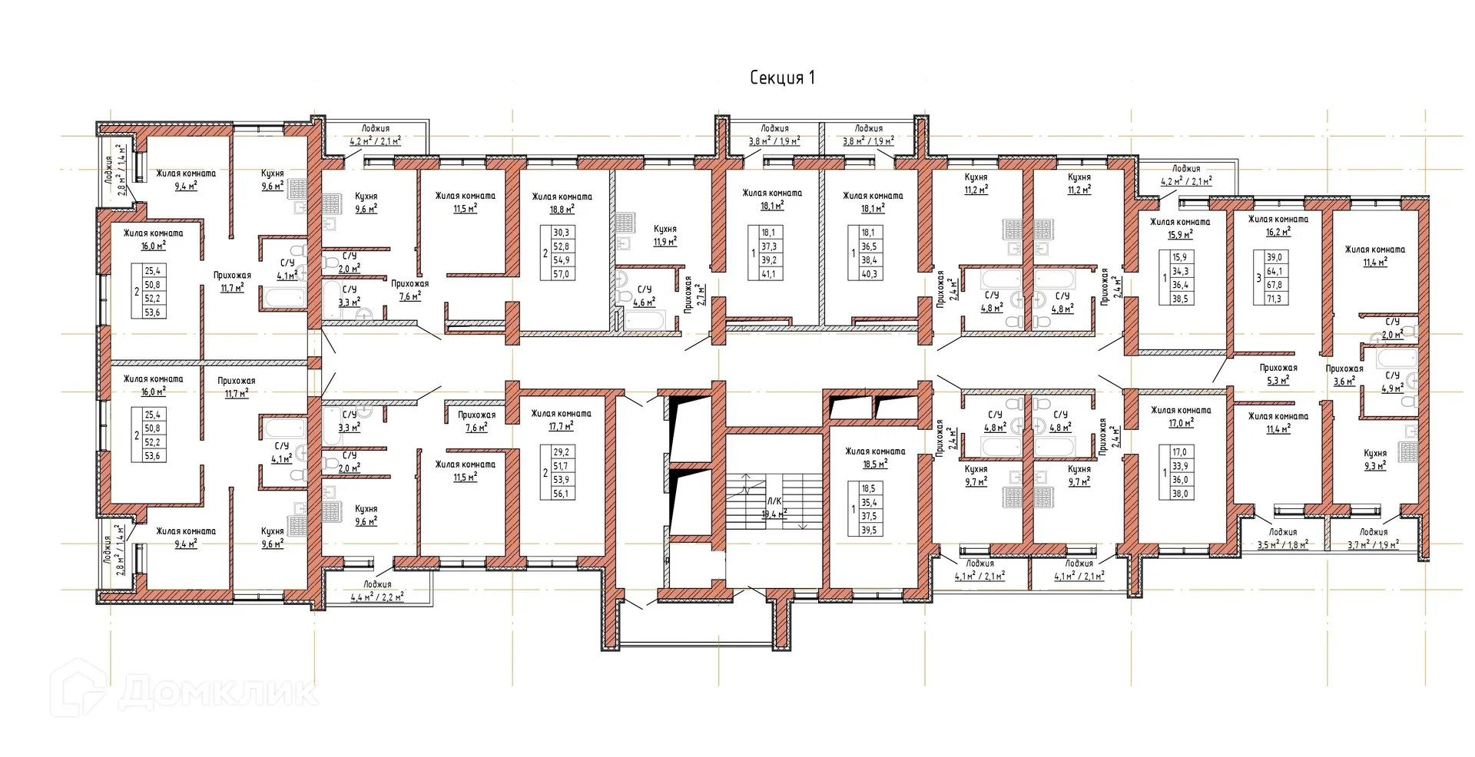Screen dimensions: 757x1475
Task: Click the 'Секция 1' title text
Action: pyautogui.click(x=781, y=78)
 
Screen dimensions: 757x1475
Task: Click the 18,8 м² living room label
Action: pyautogui.click(x=562, y=203)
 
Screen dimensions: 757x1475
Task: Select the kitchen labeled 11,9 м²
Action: pyautogui.click(x=665, y=235)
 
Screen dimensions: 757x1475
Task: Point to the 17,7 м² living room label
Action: pyautogui.click(x=562, y=420)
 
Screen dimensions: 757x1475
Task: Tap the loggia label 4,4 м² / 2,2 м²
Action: pyautogui.click(x=377, y=590)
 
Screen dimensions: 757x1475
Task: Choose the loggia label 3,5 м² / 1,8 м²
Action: pyautogui.click(x=1282, y=538)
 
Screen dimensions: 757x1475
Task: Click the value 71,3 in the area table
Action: pyautogui.click(x=1273, y=299)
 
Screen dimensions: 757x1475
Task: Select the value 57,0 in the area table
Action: pyautogui.click(x=562, y=274)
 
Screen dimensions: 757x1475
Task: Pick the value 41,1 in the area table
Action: pyautogui.click(x=768, y=274)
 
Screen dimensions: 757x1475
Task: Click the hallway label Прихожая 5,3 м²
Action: pyautogui.click(x=1278, y=374)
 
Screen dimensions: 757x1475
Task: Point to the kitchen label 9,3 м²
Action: pyautogui.click(x=1375, y=459)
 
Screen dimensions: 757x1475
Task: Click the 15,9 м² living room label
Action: pyautogui.click(x=1180, y=228)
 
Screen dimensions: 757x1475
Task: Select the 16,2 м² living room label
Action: pyautogui.click(x=1278, y=225)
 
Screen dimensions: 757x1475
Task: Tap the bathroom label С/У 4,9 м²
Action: pyautogui.click(x=1392, y=382)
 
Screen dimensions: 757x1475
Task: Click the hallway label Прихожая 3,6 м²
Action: pyautogui.click(x=1344, y=375)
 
